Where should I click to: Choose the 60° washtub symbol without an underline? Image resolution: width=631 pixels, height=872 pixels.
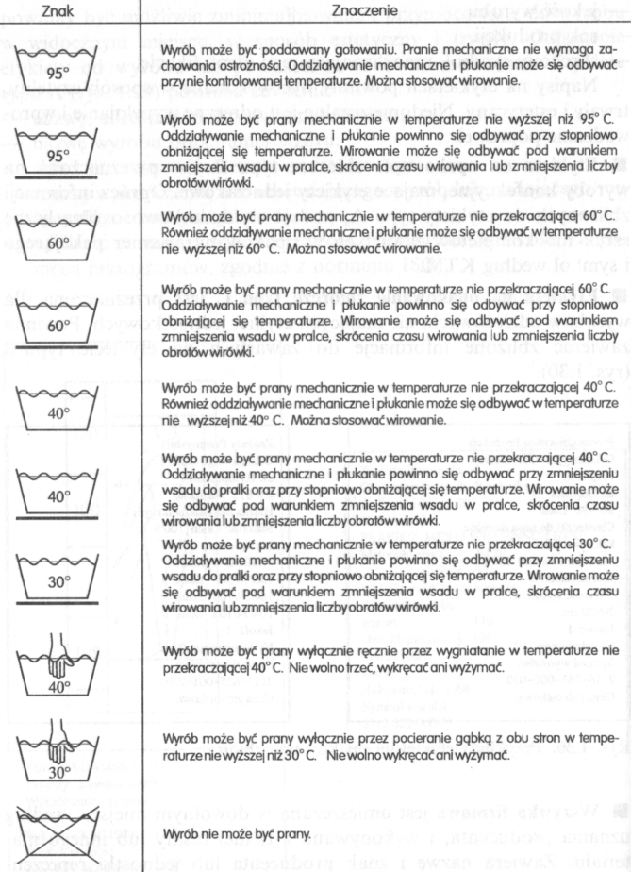click(59, 239)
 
